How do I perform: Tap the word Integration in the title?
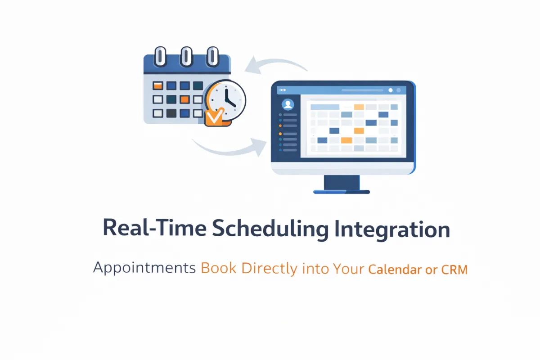tap(392, 229)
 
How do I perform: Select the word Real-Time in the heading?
tap(154, 227)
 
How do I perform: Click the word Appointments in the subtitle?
tap(144, 268)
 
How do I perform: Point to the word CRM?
tap(454, 270)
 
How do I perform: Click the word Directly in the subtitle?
tap(269, 269)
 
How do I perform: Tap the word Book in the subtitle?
tap(218, 268)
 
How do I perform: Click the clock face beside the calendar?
tap(227, 99)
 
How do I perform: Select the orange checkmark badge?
tap(215, 117)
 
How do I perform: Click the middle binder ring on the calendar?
tap(186, 57)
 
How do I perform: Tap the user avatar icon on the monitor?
tap(288, 104)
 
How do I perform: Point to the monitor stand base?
tap(342, 192)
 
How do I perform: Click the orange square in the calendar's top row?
tap(158, 85)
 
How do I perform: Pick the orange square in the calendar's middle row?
tap(184, 99)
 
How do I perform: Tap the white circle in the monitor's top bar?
tap(391, 90)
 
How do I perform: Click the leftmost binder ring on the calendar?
tap(160, 57)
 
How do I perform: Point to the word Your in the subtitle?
tap(348, 268)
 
